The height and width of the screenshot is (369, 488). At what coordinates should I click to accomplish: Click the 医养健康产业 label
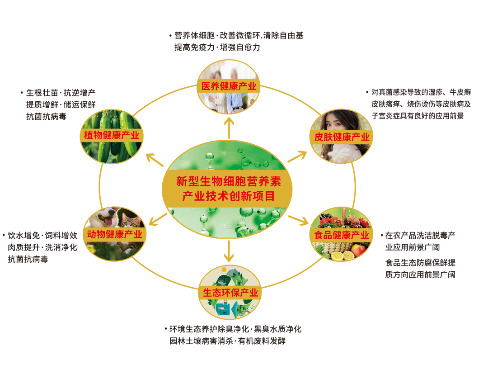coord(229,86)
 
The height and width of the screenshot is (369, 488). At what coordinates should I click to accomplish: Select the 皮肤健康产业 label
coord(342,137)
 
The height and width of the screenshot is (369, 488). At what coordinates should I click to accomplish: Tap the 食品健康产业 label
coord(342,235)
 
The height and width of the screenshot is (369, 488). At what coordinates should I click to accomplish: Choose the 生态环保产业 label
coord(230,293)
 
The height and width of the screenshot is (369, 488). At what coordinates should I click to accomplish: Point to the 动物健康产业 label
coord(115,234)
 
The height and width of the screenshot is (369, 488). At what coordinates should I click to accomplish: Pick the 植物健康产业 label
coord(112,135)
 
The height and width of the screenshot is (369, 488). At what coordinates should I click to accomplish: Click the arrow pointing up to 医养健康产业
coord(229,127)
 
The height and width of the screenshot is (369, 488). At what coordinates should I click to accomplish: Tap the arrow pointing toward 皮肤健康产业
coord(297,156)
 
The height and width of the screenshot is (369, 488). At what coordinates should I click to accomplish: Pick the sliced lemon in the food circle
coord(337,256)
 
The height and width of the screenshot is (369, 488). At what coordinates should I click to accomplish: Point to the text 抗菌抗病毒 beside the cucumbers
coord(47,117)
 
